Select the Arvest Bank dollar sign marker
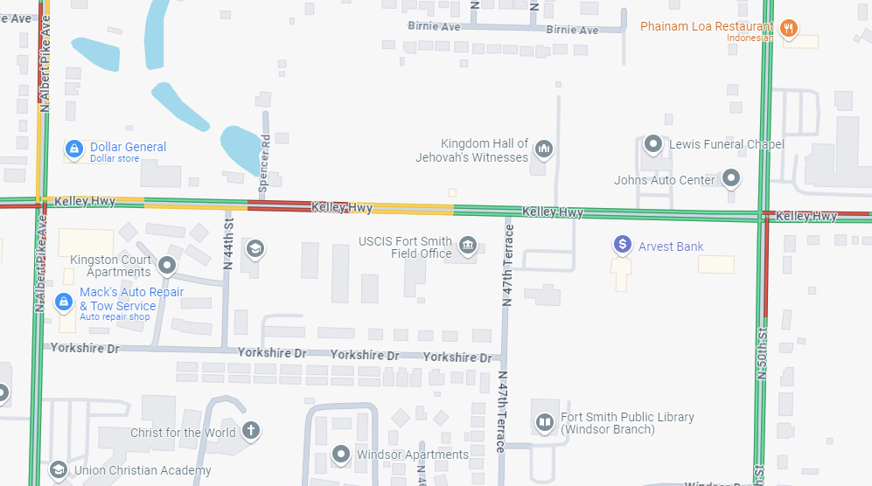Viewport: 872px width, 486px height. click(622, 245)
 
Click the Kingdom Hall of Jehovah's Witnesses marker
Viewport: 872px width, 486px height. click(544, 149)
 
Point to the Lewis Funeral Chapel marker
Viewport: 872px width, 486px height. click(652, 143)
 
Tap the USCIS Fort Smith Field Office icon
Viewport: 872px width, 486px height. click(468, 246)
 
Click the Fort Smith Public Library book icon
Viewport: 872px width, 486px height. click(545, 423)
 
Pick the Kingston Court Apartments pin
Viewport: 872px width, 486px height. click(168, 265)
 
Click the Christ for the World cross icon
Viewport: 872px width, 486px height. click(251, 431)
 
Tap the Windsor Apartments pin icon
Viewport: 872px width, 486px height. click(341, 454)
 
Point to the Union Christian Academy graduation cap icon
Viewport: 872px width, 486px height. click(59, 469)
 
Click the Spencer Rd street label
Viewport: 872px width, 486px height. click(264, 163)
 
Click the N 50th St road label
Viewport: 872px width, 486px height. click(761, 353)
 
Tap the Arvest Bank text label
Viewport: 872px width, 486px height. click(671, 246)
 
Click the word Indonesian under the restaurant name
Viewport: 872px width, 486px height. click(750, 38)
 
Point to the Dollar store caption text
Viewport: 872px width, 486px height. click(115, 159)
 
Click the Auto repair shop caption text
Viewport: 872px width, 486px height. click(115, 316)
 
